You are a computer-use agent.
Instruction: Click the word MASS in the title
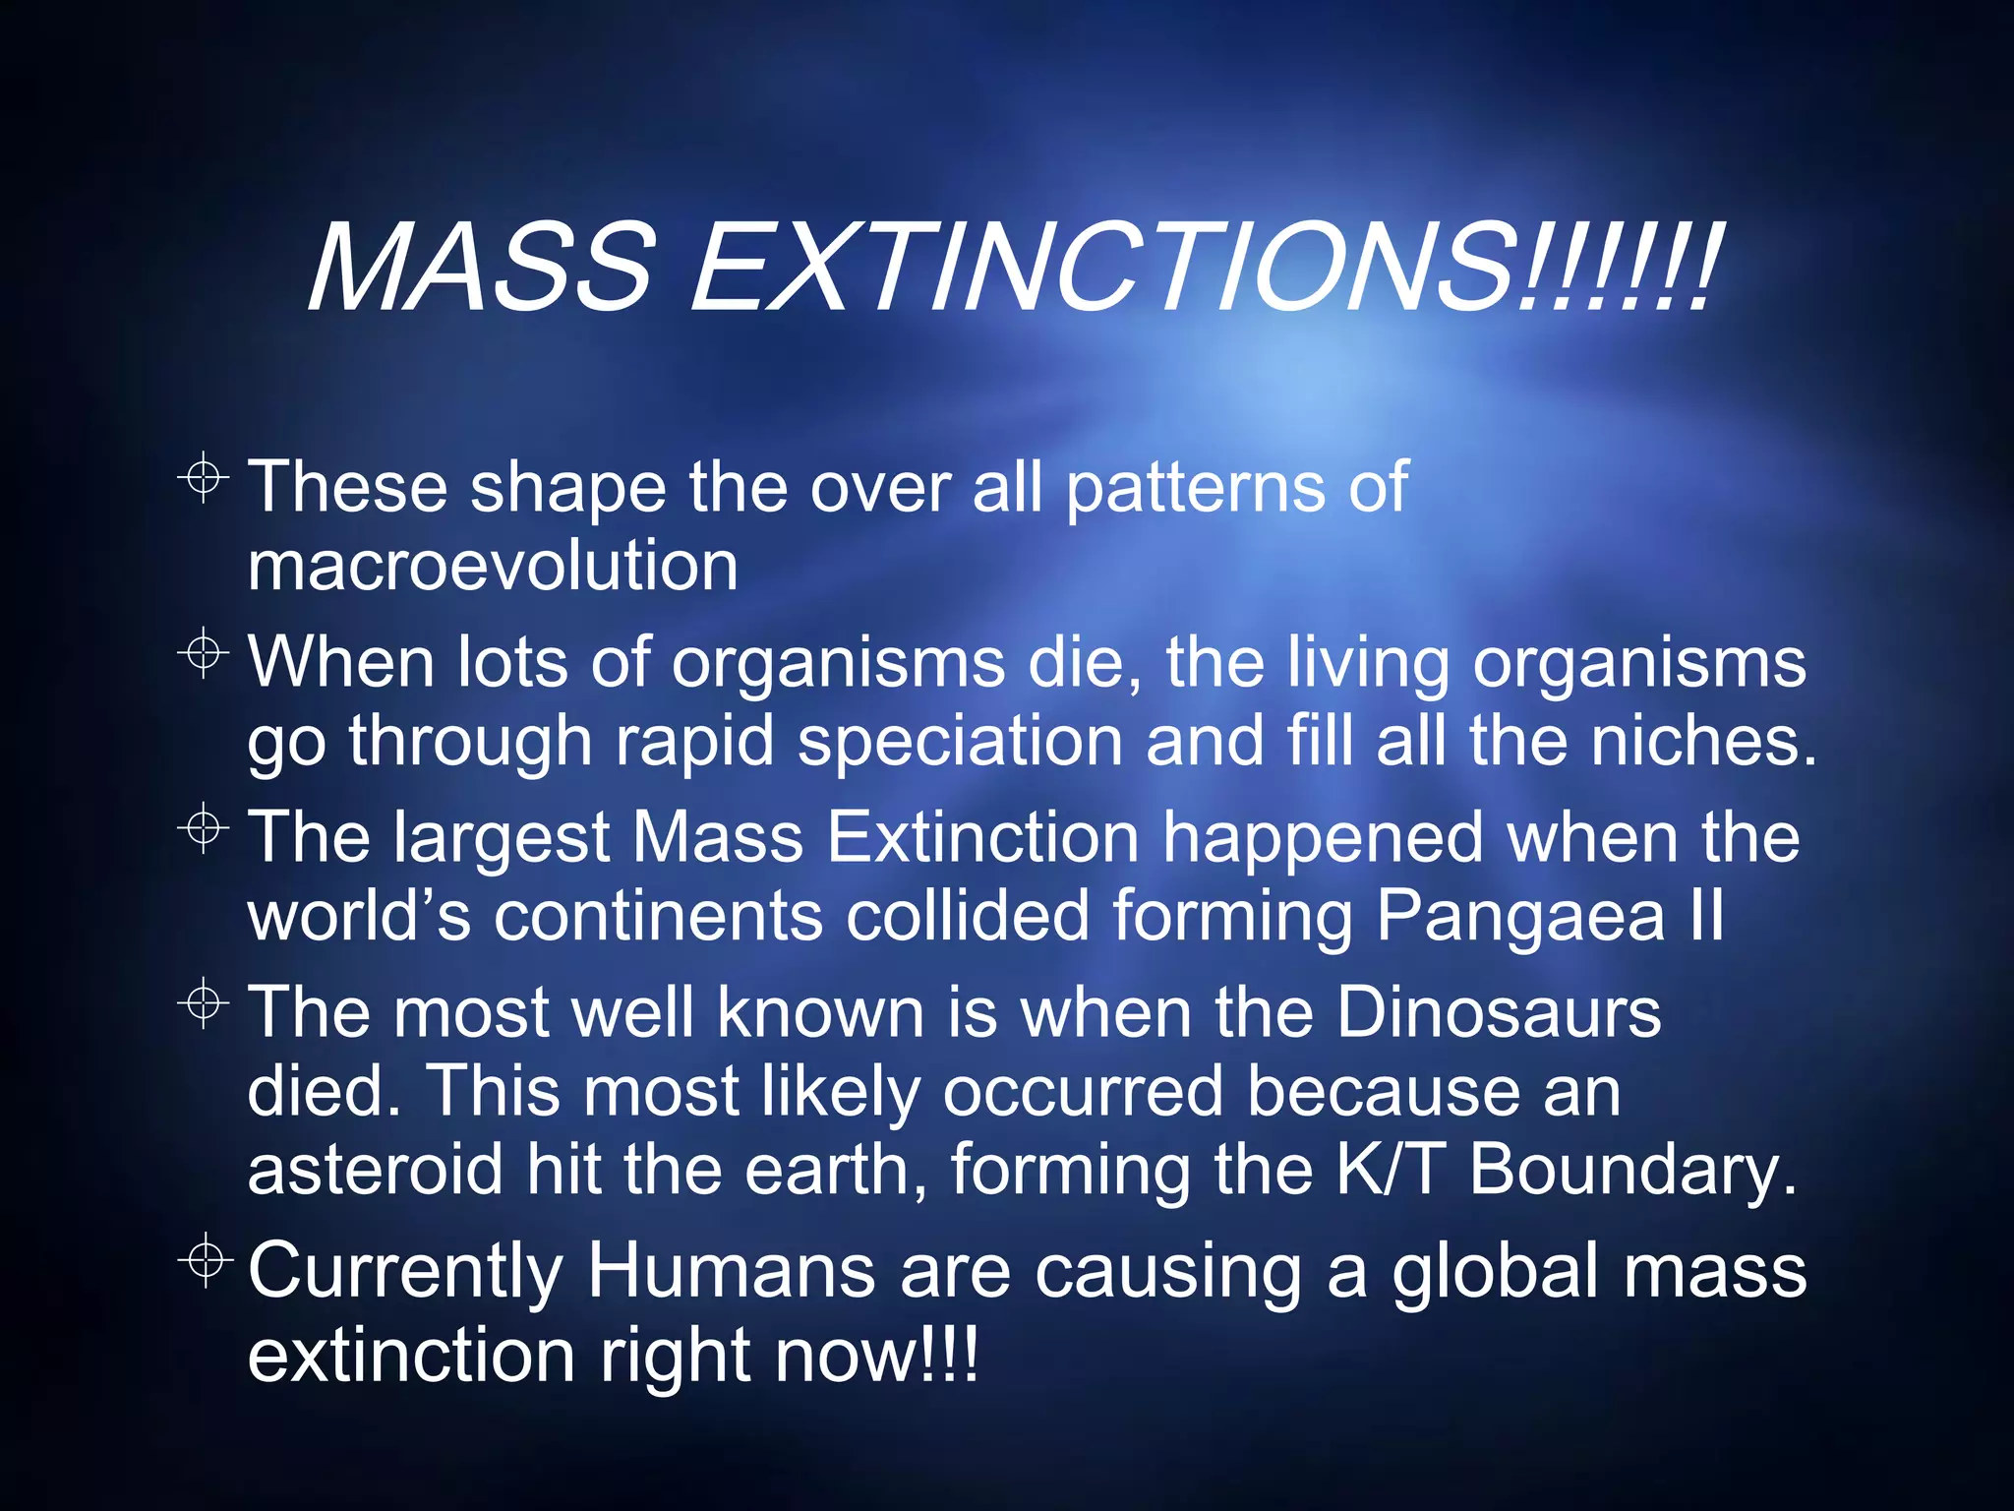coord(481,267)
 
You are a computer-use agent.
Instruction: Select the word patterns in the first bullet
coord(1195,488)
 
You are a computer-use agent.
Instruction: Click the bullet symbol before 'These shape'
coord(204,478)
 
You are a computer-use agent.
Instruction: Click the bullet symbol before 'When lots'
coord(204,652)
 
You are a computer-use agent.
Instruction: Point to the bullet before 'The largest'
coord(204,827)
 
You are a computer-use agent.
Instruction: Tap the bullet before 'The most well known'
coord(204,1002)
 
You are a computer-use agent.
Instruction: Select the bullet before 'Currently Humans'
coord(206,1258)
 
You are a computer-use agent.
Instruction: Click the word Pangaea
coord(1519,917)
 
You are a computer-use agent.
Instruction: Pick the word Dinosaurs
coord(1499,1012)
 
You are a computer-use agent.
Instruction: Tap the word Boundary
coord(1631,1171)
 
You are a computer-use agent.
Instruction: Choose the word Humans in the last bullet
coord(731,1270)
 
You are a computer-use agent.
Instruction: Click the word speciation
coord(960,741)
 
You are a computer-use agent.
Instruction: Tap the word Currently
coord(404,1272)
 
